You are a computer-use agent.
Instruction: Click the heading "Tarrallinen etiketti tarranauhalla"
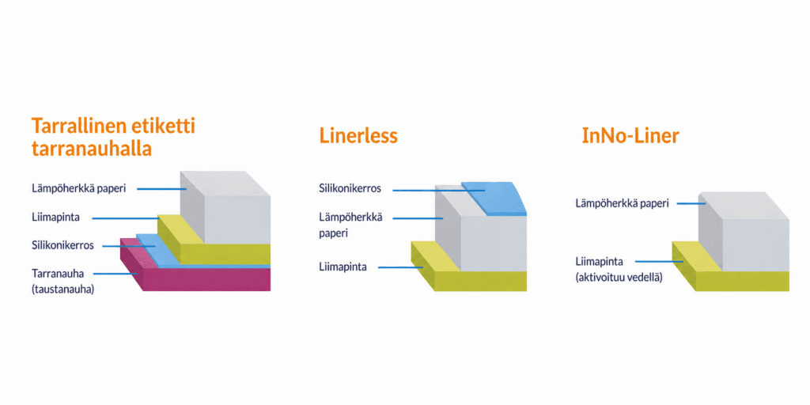point(113,137)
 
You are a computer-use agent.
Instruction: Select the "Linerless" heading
point(358,135)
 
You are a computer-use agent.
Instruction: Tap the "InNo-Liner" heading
point(630,135)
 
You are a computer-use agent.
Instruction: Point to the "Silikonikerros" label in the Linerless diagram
point(350,188)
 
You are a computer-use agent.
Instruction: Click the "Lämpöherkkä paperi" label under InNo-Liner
point(622,203)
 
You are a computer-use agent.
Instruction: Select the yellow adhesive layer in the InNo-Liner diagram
point(744,280)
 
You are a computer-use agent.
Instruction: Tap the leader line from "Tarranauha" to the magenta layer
point(116,274)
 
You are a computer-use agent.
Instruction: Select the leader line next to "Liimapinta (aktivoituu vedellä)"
point(658,261)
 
